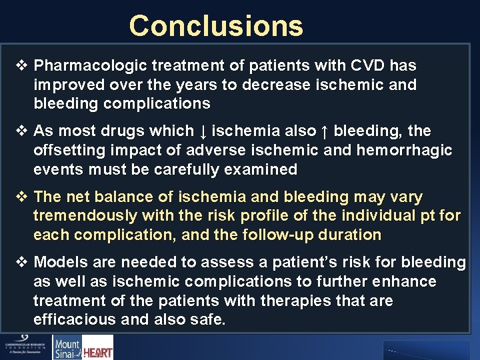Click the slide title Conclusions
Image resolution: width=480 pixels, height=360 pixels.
[216, 26]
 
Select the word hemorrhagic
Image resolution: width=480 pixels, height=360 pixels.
[406, 151]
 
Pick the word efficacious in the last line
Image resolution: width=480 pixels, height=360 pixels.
[75, 320]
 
